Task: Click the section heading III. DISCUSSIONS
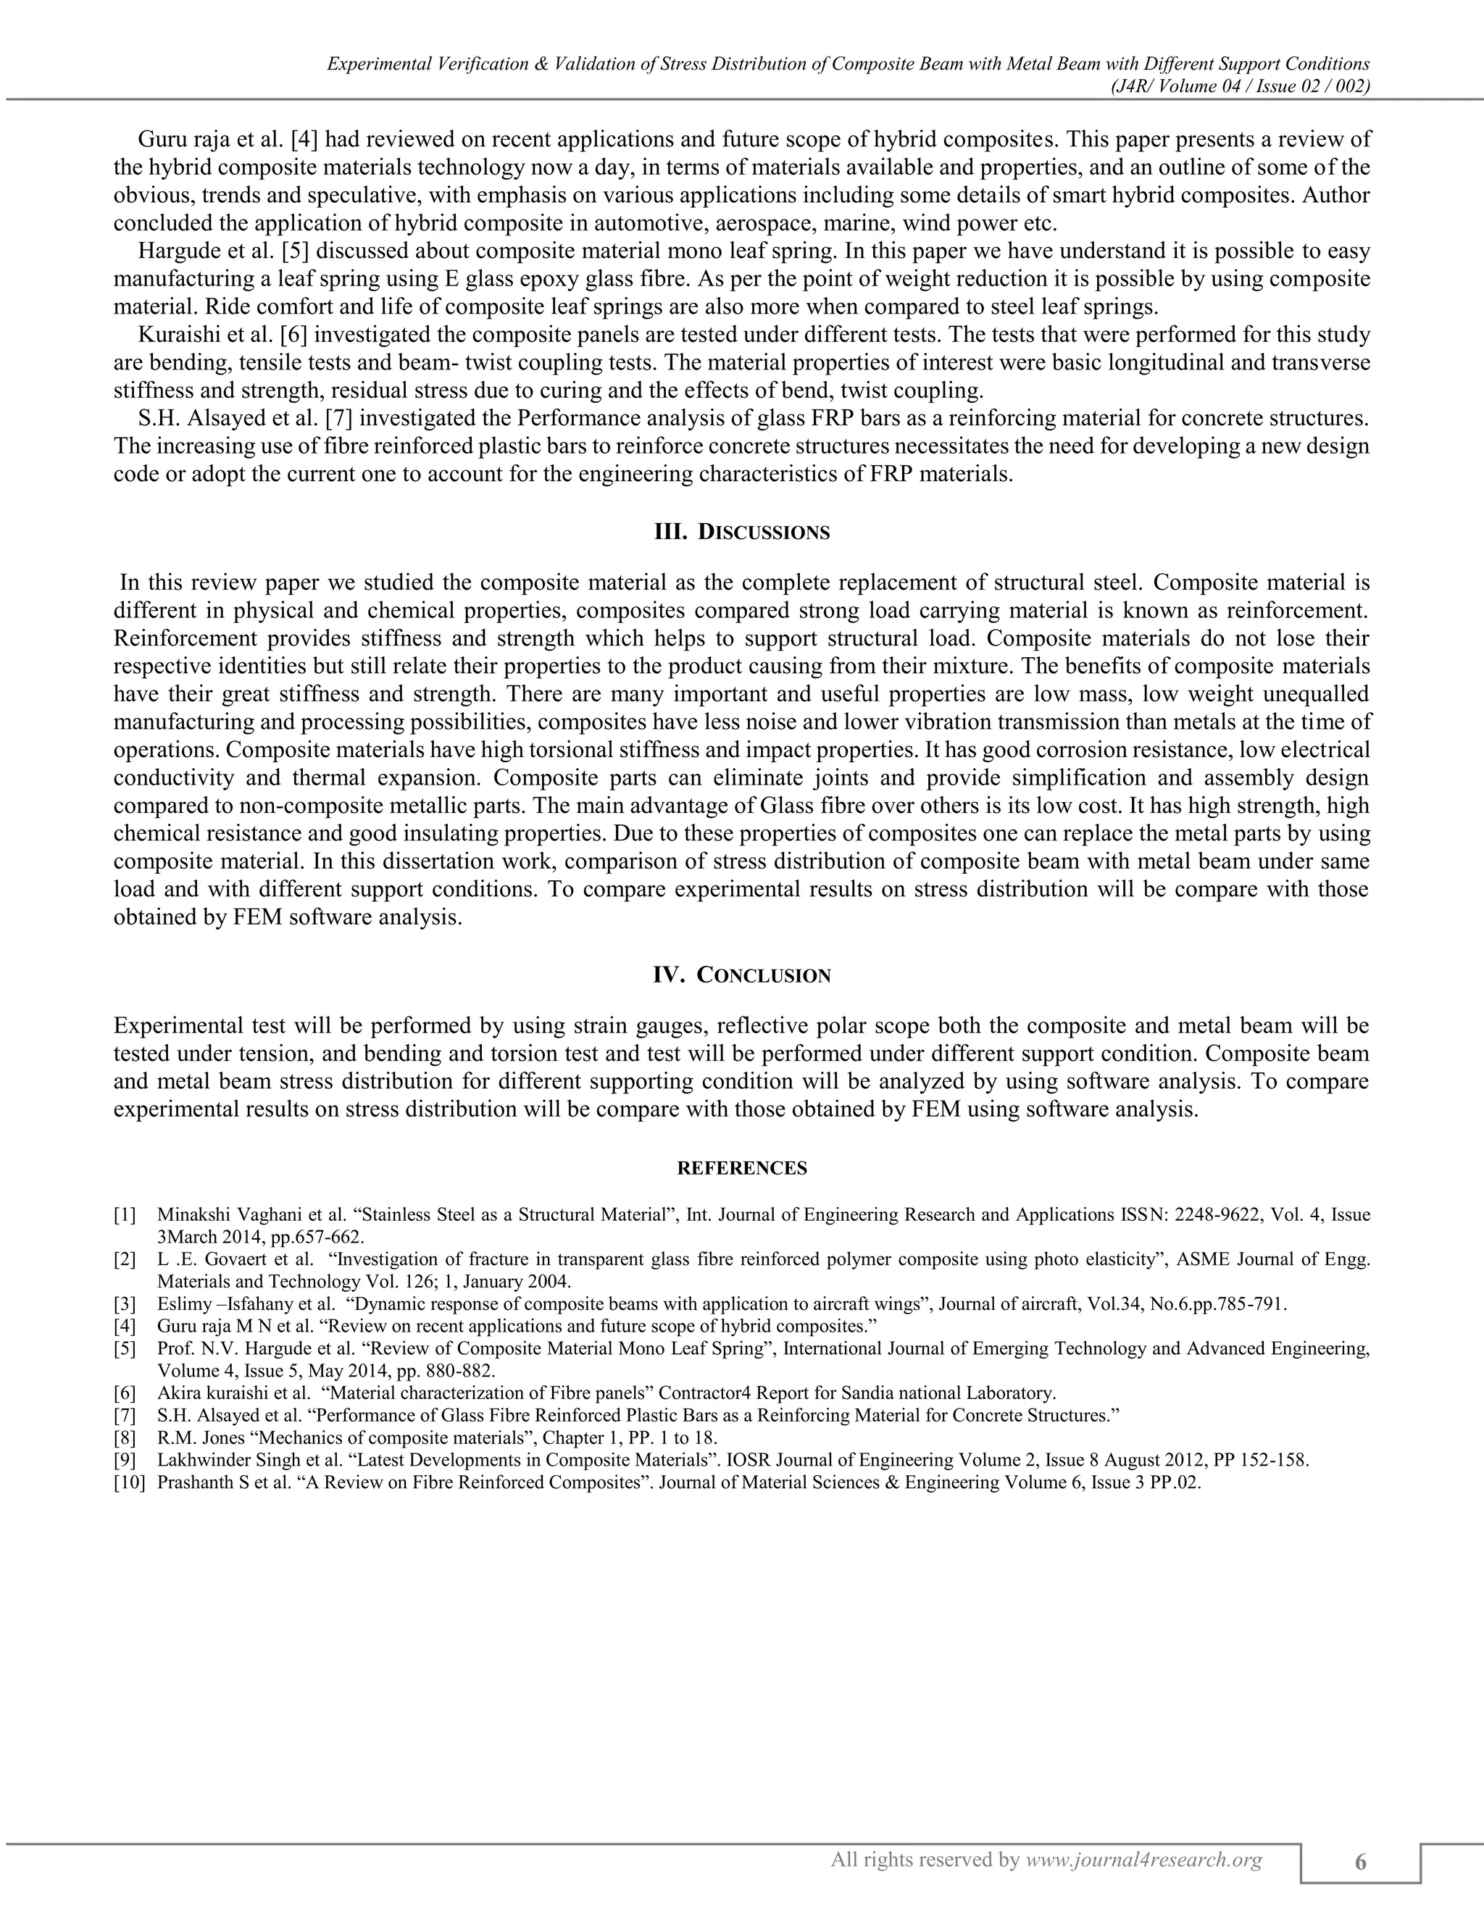click(x=741, y=532)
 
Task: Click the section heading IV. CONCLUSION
click(x=741, y=975)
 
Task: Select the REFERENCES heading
click(x=742, y=1169)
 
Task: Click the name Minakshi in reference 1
click(x=190, y=1215)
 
